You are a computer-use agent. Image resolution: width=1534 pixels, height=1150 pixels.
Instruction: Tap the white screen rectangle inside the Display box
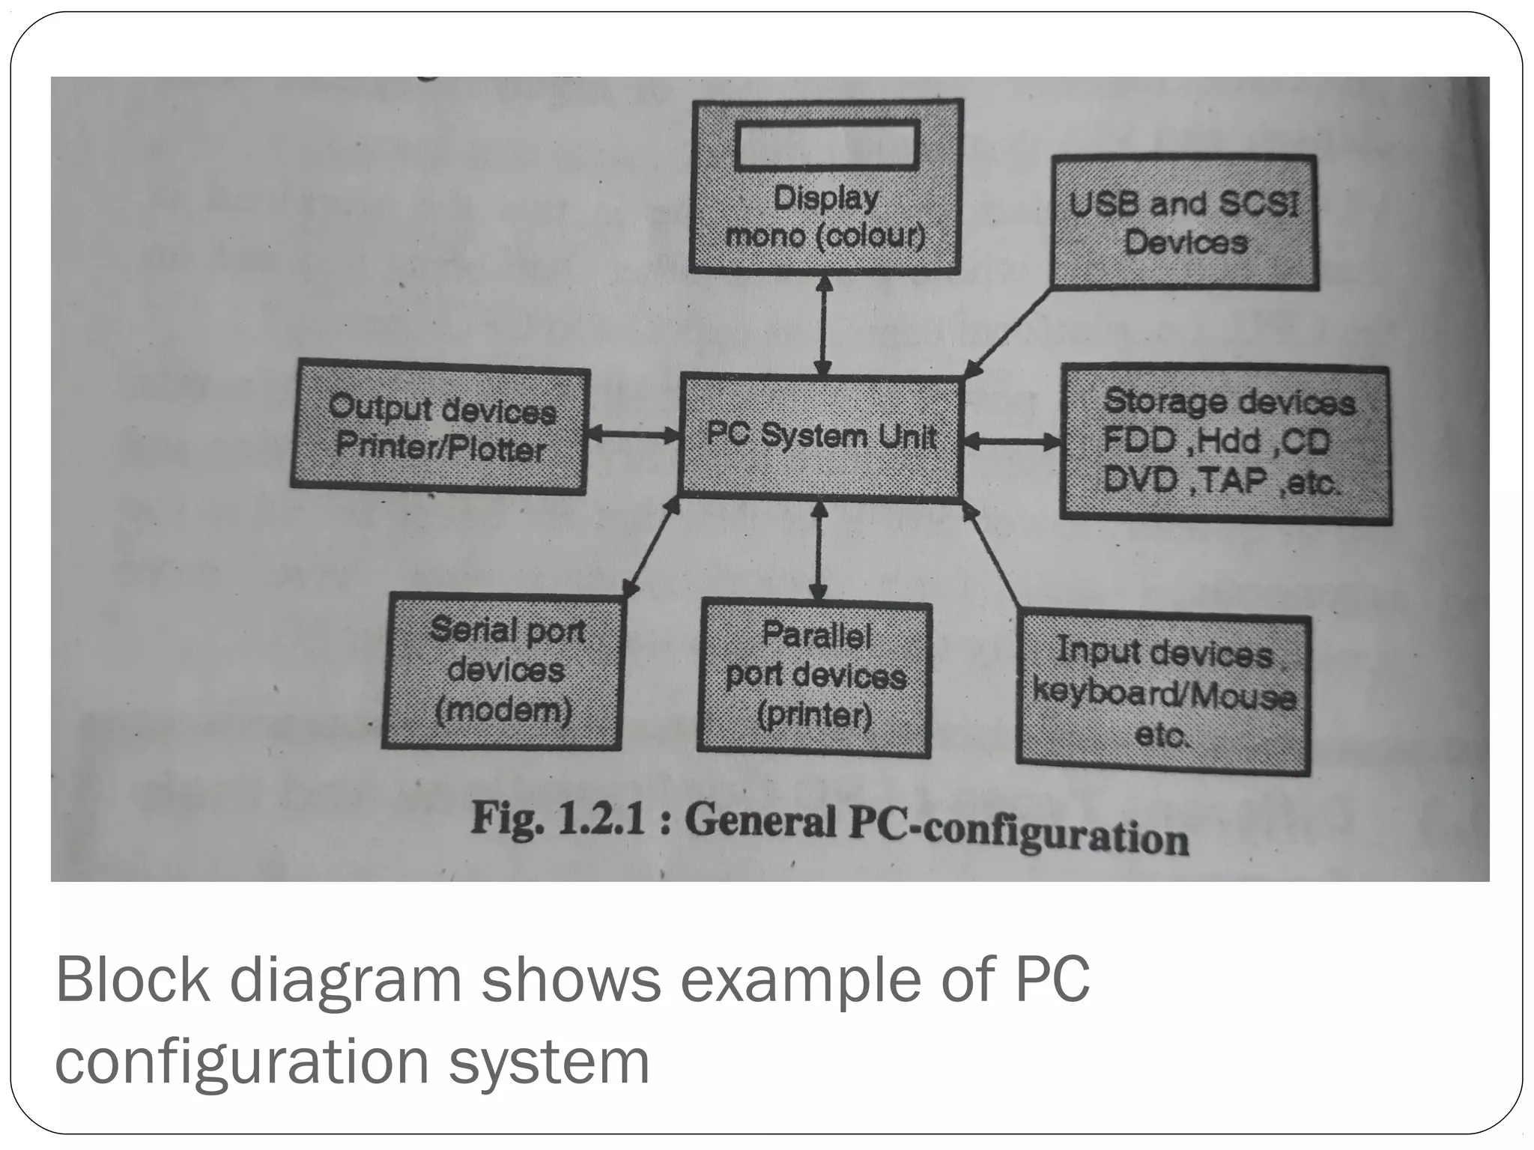827,144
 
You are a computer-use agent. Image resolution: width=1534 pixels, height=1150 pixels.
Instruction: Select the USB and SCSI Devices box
1184,222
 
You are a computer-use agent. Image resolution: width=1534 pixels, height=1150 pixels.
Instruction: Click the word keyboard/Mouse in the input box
1164,695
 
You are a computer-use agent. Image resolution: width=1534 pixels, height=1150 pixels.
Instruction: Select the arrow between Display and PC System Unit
824,326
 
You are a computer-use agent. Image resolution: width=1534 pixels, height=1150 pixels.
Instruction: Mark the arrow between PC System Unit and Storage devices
1010,441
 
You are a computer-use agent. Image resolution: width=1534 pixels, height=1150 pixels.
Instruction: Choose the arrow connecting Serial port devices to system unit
652,547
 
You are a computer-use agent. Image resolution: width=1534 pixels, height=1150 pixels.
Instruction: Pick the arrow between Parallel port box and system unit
819,551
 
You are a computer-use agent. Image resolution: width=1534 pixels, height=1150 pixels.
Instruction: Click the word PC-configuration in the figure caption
1019,830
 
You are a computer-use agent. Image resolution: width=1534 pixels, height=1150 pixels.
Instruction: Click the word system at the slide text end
549,1062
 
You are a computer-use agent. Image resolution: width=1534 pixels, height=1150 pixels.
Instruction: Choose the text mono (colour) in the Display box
825,237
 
